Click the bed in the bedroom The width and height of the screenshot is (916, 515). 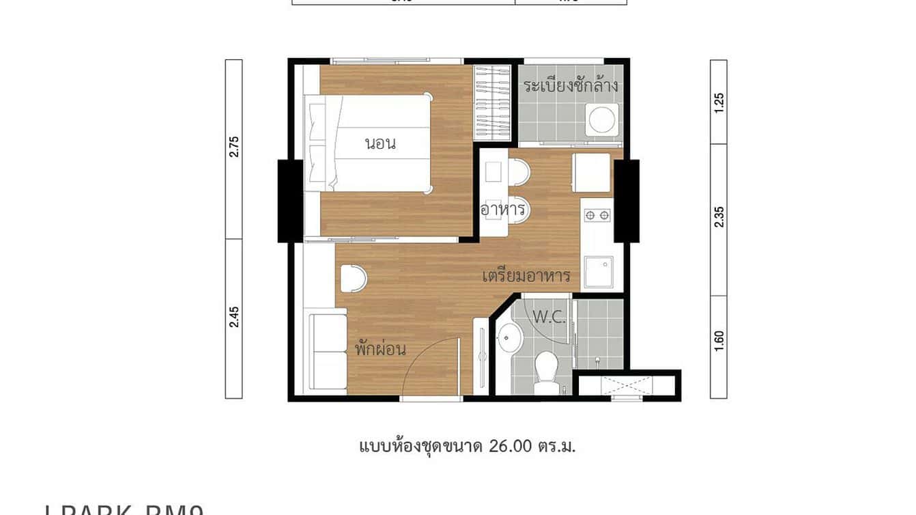[369, 143]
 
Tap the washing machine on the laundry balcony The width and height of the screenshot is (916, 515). [602, 120]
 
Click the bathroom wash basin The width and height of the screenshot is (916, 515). [509, 337]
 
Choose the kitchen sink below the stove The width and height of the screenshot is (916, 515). [599, 271]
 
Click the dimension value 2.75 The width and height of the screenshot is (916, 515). [234, 147]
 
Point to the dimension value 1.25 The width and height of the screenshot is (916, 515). [719, 102]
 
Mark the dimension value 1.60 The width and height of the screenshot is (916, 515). [719, 339]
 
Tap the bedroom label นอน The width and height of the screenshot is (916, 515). [381, 144]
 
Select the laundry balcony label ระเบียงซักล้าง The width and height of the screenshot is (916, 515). [571, 86]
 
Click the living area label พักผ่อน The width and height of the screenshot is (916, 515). [380, 349]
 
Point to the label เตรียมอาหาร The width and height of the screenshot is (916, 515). [526, 277]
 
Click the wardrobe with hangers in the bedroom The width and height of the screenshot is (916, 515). [493, 102]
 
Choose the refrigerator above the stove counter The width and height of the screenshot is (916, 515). [591, 173]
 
